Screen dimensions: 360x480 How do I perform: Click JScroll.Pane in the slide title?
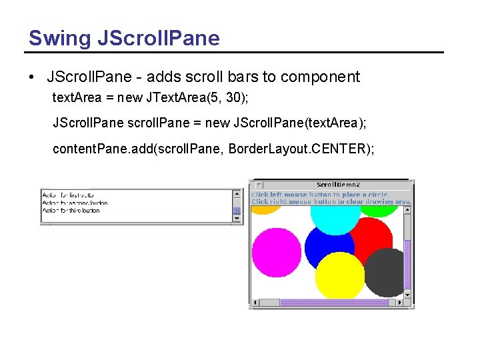pyautogui.click(x=158, y=38)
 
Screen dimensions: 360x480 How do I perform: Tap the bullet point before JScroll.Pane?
pyautogui.click(x=32, y=77)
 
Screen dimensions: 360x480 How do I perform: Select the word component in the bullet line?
pyautogui.click(x=320, y=77)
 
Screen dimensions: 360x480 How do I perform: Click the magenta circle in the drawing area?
pyautogui.click(x=276, y=251)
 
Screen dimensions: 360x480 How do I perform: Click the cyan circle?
pyautogui.click(x=335, y=214)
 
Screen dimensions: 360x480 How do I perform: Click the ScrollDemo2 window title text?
pyautogui.click(x=338, y=185)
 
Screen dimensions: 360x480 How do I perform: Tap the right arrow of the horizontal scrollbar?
pyautogui.click(x=400, y=303)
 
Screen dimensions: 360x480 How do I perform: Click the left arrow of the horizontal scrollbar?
pyautogui.click(x=255, y=303)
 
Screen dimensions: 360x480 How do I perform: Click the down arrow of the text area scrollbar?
pyautogui.click(x=237, y=218)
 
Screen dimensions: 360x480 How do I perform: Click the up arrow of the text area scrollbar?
pyautogui.click(x=237, y=194)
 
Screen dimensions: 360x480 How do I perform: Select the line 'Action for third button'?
pyautogui.click(x=71, y=211)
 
